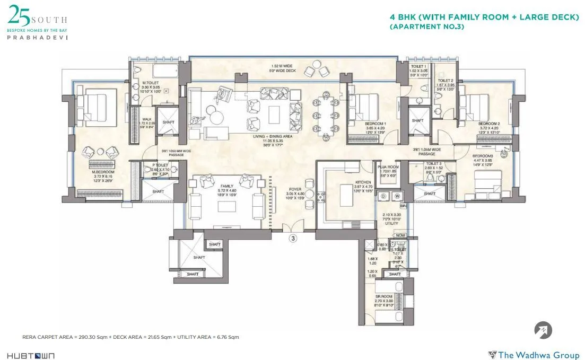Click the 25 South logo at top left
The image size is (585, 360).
tap(37, 24)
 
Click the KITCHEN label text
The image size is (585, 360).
tap(348, 181)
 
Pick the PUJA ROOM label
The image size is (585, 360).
tap(388, 166)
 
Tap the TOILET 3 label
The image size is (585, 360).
tap(433, 164)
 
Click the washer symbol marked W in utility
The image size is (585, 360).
tap(397, 195)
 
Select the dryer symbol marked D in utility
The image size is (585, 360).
tap(383, 195)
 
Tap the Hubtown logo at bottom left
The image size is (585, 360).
tap(30, 355)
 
